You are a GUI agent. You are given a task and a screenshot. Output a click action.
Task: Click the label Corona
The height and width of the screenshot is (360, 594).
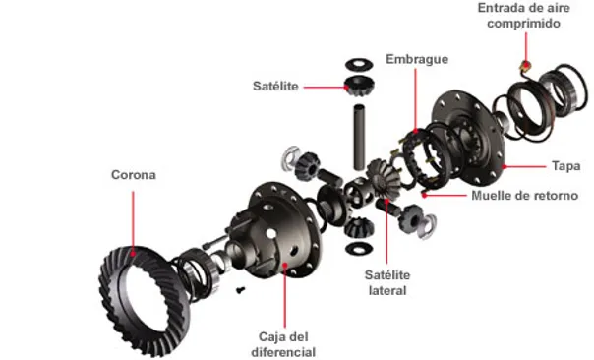point(134,175)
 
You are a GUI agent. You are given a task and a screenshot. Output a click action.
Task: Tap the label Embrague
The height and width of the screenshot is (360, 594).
point(417,59)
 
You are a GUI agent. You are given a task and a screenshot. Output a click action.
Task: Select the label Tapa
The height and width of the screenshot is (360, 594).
point(565,166)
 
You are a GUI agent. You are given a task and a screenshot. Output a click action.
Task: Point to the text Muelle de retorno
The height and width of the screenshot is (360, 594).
point(525,196)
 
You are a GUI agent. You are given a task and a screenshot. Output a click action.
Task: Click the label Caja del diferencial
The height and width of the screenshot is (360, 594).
point(283,344)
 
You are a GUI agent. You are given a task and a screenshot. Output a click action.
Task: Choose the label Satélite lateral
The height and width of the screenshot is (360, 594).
point(387,282)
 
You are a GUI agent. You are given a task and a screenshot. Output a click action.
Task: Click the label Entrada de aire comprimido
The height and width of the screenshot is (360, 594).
point(523,15)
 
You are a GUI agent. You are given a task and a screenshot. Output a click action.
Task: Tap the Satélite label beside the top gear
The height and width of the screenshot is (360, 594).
point(275,86)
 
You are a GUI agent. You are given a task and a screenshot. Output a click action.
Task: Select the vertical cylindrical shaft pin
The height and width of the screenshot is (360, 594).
point(359,137)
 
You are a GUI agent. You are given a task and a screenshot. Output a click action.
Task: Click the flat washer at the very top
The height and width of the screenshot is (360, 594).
point(359,64)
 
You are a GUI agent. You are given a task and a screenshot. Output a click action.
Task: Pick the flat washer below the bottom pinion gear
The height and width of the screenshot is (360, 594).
point(359,248)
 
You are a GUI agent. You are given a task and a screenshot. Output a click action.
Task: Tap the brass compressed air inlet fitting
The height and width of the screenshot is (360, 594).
point(525,66)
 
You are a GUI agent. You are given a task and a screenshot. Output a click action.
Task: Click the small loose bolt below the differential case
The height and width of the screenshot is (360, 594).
point(240,290)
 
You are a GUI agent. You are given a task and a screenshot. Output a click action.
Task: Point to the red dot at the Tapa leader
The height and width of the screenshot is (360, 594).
point(505,166)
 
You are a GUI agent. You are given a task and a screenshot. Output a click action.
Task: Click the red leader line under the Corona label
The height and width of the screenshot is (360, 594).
point(133,222)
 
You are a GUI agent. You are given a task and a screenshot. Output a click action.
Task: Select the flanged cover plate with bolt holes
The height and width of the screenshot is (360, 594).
point(469,139)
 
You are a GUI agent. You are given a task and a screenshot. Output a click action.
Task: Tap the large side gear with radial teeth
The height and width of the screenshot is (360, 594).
point(383,178)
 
